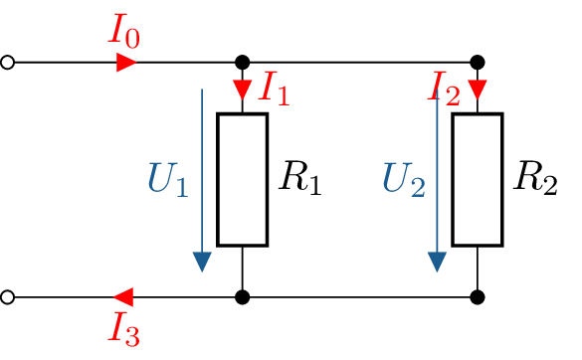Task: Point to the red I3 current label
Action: point(124,328)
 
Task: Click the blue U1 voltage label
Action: point(167,180)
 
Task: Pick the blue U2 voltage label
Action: point(404,180)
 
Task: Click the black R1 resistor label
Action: point(300,179)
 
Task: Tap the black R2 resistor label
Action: point(535,179)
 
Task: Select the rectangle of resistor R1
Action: point(243,179)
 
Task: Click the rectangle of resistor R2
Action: point(478,179)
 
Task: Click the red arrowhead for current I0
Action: point(126,63)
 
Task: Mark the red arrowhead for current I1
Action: point(243,90)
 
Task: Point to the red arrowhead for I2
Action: point(478,90)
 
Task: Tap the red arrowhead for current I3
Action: point(124,296)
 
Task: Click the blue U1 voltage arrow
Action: point(202,179)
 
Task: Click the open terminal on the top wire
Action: point(8,63)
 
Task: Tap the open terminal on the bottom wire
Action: point(8,296)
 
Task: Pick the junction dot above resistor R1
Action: point(243,63)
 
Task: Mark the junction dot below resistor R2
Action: point(478,296)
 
